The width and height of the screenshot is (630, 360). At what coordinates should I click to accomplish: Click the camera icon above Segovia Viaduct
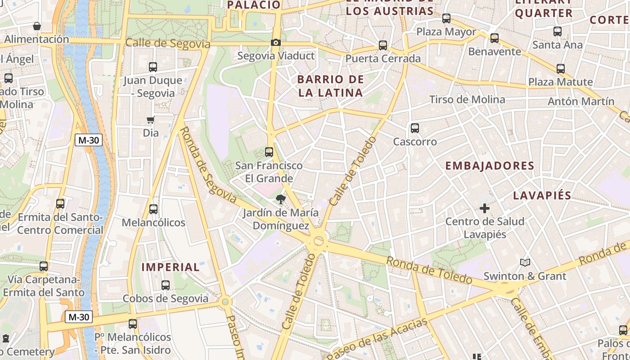point(275,43)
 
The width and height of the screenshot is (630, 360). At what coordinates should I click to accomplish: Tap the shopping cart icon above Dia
point(151,120)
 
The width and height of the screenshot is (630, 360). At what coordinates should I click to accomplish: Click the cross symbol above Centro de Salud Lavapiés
point(485,208)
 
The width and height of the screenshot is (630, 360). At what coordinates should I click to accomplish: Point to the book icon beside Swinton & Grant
point(525,262)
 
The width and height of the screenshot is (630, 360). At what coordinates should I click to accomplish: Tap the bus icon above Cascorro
point(415,128)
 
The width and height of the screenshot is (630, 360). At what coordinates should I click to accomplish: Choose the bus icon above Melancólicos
point(153,209)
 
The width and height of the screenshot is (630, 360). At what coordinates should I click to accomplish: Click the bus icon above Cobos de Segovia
point(166,285)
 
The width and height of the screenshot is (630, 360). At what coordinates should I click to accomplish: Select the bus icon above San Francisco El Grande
point(269,152)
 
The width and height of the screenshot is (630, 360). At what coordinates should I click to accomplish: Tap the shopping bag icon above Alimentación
point(37,26)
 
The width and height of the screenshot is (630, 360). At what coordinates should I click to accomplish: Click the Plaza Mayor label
point(446,32)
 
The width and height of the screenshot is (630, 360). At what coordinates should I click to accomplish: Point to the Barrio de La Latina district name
point(330,86)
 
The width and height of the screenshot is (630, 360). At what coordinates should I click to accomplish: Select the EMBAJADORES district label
point(490,166)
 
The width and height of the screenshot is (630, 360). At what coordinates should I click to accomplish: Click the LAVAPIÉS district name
point(542,195)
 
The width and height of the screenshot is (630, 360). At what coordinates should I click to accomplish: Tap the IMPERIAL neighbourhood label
point(171,267)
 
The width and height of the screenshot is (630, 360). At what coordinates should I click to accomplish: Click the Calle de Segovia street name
point(168,44)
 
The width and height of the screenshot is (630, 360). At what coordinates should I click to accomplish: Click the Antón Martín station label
point(580,101)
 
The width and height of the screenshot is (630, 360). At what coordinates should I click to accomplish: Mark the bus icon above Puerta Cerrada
point(383,45)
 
